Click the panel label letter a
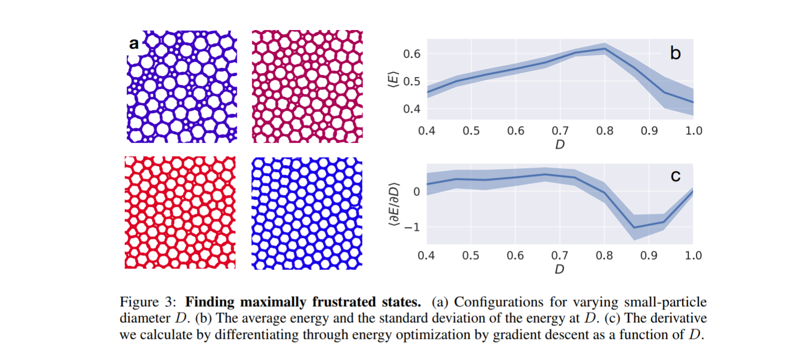click(134, 44)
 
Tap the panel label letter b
click(675, 52)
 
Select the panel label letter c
click(675, 176)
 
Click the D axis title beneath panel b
click(559, 145)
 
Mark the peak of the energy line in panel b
click(604, 49)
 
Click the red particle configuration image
click(180, 213)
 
